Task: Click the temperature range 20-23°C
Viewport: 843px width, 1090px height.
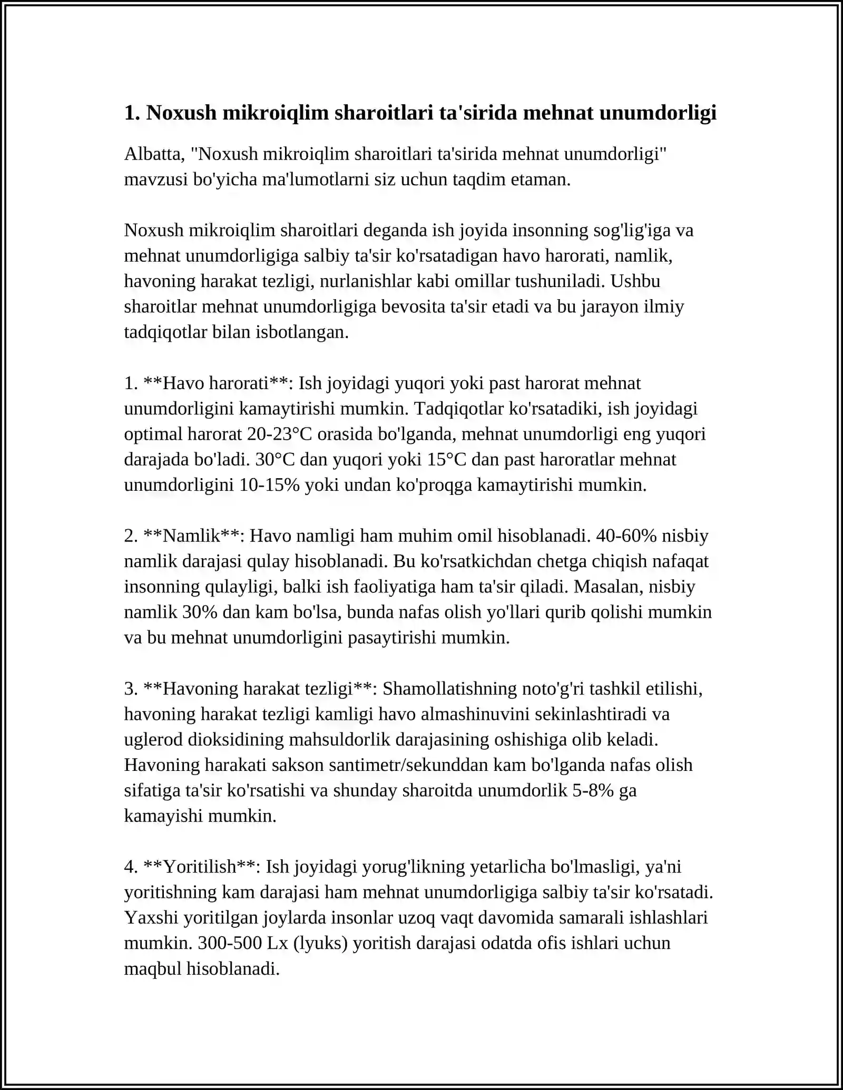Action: click(x=280, y=434)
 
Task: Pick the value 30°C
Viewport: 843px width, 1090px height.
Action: click(x=275, y=460)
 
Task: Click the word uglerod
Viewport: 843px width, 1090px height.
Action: click(x=154, y=739)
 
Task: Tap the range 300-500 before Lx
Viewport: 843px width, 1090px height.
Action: click(x=230, y=943)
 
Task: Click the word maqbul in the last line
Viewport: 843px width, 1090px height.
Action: click(x=153, y=968)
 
